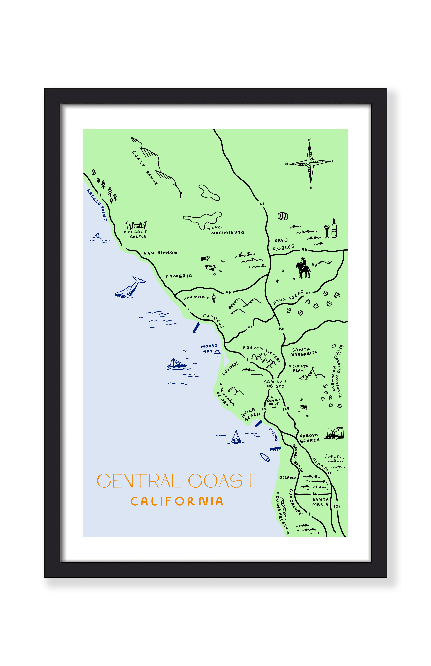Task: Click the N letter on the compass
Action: [309, 139]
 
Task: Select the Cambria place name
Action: [179, 276]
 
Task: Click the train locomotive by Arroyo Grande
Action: [334, 433]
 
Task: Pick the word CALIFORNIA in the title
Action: [177, 501]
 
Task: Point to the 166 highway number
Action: [314, 494]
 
